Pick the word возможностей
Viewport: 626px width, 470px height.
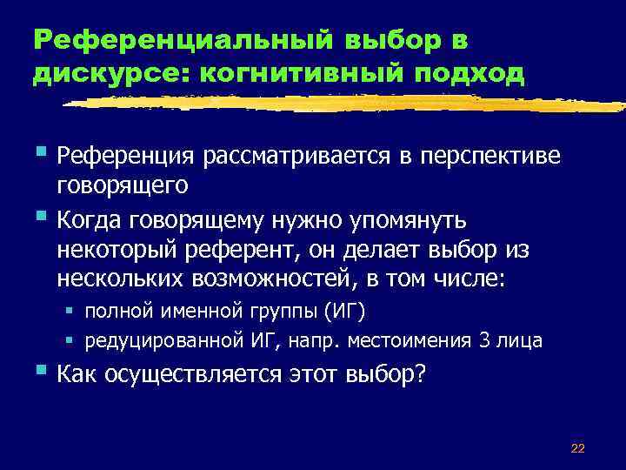click(283, 280)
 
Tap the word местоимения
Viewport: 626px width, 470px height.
click(412, 340)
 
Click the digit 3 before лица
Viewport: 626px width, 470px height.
click(484, 340)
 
